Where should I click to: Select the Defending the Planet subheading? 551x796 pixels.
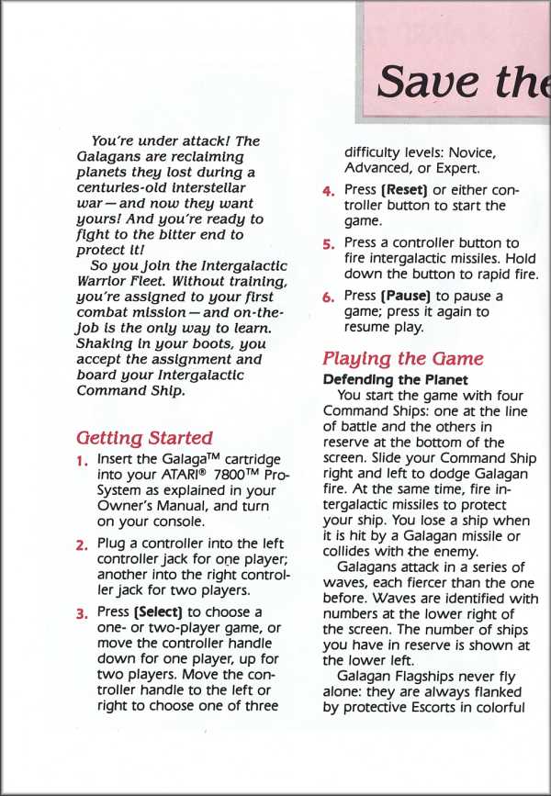click(x=396, y=379)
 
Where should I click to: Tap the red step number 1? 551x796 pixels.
click(x=82, y=460)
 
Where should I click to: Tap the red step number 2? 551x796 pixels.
click(x=82, y=544)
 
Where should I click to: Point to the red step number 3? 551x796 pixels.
click(x=82, y=613)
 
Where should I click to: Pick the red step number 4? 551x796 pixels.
click(x=328, y=192)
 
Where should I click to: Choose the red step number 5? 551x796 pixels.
click(x=328, y=244)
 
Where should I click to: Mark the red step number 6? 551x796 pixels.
click(x=328, y=297)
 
